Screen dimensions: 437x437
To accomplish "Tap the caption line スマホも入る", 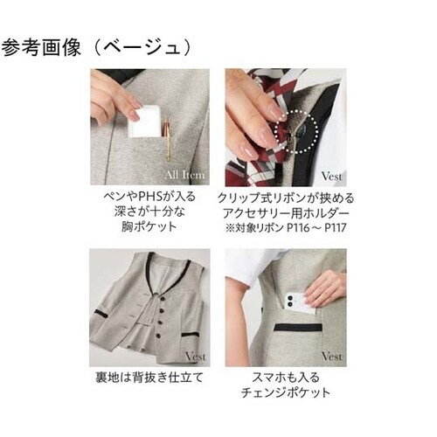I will coord(284,379).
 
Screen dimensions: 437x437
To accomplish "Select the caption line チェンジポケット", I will coord(284,394).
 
